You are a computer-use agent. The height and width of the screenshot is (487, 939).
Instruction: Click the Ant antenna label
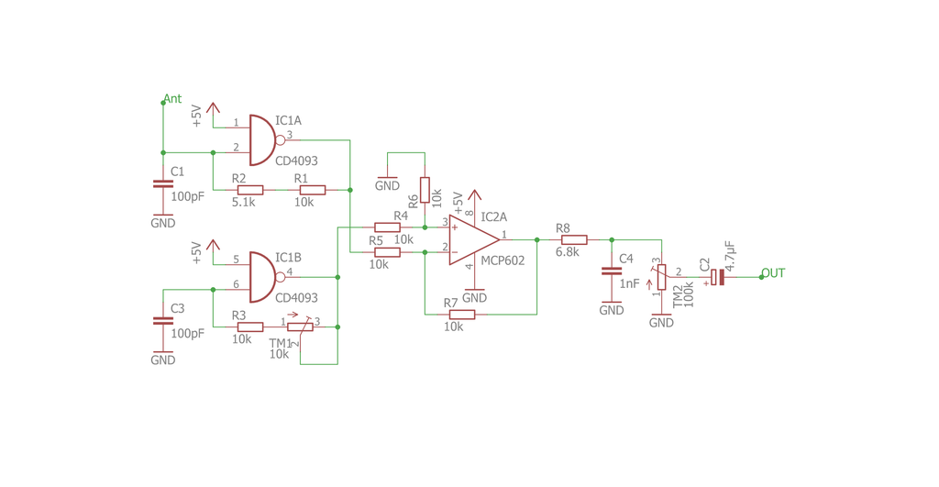172,99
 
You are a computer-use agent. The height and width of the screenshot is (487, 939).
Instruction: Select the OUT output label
773,273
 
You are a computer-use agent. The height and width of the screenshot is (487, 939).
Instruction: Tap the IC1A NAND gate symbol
261,139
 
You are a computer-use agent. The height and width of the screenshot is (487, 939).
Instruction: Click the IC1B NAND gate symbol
261,277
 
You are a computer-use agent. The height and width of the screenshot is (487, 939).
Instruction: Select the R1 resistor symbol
312,190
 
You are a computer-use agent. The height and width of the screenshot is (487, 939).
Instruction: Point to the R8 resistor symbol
573,240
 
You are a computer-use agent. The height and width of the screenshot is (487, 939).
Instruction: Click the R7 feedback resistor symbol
461,315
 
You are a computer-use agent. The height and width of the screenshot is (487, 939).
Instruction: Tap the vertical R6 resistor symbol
425,190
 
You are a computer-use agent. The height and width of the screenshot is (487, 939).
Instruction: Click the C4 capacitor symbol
611,271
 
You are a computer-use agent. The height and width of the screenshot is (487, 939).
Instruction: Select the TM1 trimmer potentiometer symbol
300,327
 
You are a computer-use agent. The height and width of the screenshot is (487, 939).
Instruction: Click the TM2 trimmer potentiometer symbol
661,276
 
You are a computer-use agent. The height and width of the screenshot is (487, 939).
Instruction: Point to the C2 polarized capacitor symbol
717,277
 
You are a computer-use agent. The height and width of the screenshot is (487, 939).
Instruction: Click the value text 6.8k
567,252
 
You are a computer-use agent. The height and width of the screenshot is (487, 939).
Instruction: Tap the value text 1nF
629,284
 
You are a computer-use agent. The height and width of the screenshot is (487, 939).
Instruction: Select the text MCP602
503,260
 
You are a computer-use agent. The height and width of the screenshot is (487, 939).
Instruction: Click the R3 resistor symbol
250,327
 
